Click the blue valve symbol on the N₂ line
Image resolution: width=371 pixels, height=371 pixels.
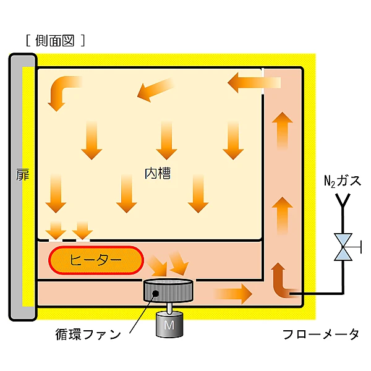click(x=342, y=247)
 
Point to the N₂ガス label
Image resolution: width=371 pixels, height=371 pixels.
click(x=341, y=181)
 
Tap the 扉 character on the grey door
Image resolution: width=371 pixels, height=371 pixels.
click(x=22, y=174)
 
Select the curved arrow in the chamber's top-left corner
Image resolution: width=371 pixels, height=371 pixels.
click(x=62, y=92)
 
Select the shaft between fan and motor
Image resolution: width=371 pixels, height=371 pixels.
click(x=168, y=307)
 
